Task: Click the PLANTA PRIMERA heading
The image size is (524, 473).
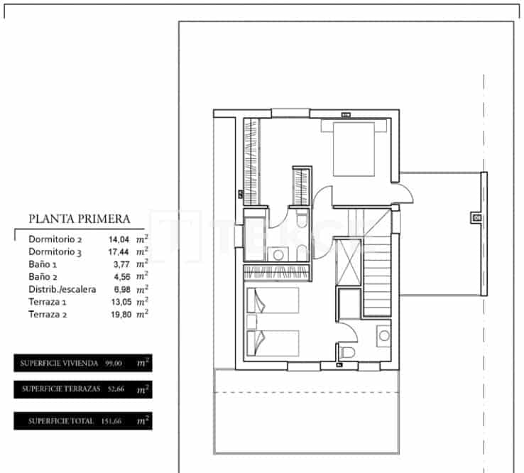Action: (78, 219)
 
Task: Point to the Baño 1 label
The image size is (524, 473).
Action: (43, 263)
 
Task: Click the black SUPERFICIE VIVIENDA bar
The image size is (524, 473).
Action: (82, 363)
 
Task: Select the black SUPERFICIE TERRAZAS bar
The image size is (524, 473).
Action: (82, 388)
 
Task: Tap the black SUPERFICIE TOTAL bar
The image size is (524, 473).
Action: (82, 420)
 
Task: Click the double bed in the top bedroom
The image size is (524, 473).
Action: (354, 148)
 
